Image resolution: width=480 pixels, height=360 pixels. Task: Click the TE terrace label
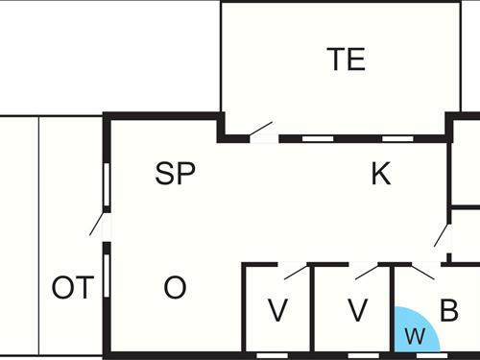(x=347, y=60)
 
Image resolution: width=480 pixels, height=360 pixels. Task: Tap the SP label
(x=176, y=174)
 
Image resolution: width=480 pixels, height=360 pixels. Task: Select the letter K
(x=381, y=174)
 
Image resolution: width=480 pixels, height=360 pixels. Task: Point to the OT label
(x=73, y=288)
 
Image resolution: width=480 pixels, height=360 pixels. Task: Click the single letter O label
(x=175, y=288)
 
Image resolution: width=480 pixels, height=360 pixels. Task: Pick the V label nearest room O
(x=277, y=311)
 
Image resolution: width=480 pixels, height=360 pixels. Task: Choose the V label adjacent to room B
(x=357, y=311)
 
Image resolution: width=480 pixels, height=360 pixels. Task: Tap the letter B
(x=448, y=311)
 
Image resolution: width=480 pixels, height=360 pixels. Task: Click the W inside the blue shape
(x=415, y=336)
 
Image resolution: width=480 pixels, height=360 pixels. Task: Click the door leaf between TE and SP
(x=261, y=129)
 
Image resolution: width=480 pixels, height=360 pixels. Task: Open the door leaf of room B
(x=423, y=271)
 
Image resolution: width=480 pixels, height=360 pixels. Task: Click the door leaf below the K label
(x=442, y=235)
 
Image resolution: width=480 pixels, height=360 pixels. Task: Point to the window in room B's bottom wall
(x=428, y=354)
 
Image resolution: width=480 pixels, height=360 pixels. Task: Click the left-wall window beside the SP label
(x=107, y=182)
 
